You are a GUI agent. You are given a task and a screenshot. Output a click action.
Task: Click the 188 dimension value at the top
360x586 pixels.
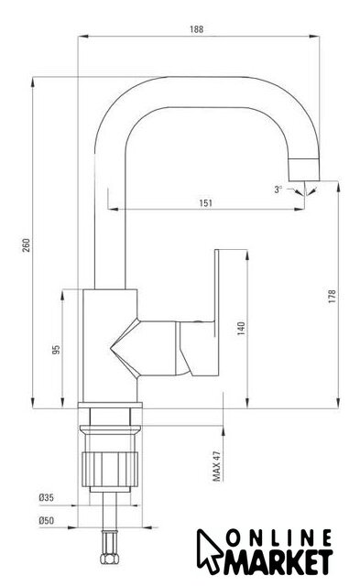tap(197, 29)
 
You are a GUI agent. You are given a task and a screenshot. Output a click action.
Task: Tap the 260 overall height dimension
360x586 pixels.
tap(27, 244)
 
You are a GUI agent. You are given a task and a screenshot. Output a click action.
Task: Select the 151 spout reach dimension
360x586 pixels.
tap(205, 203)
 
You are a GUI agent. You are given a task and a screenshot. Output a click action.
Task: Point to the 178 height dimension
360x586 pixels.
tap(332, 296)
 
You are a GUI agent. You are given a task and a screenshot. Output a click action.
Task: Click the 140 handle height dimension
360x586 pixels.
tap(241, 328)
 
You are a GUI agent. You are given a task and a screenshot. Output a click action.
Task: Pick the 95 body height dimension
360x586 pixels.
tap(56, 350)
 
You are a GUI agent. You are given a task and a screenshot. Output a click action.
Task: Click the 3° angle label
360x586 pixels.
tap(278, 190)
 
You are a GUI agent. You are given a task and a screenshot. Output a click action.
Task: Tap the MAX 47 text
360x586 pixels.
tap(216, 466)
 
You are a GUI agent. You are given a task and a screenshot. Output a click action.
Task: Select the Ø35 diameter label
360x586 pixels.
tap(47, 497)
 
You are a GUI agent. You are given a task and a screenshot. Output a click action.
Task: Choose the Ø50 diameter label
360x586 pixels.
tap(47, 520)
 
